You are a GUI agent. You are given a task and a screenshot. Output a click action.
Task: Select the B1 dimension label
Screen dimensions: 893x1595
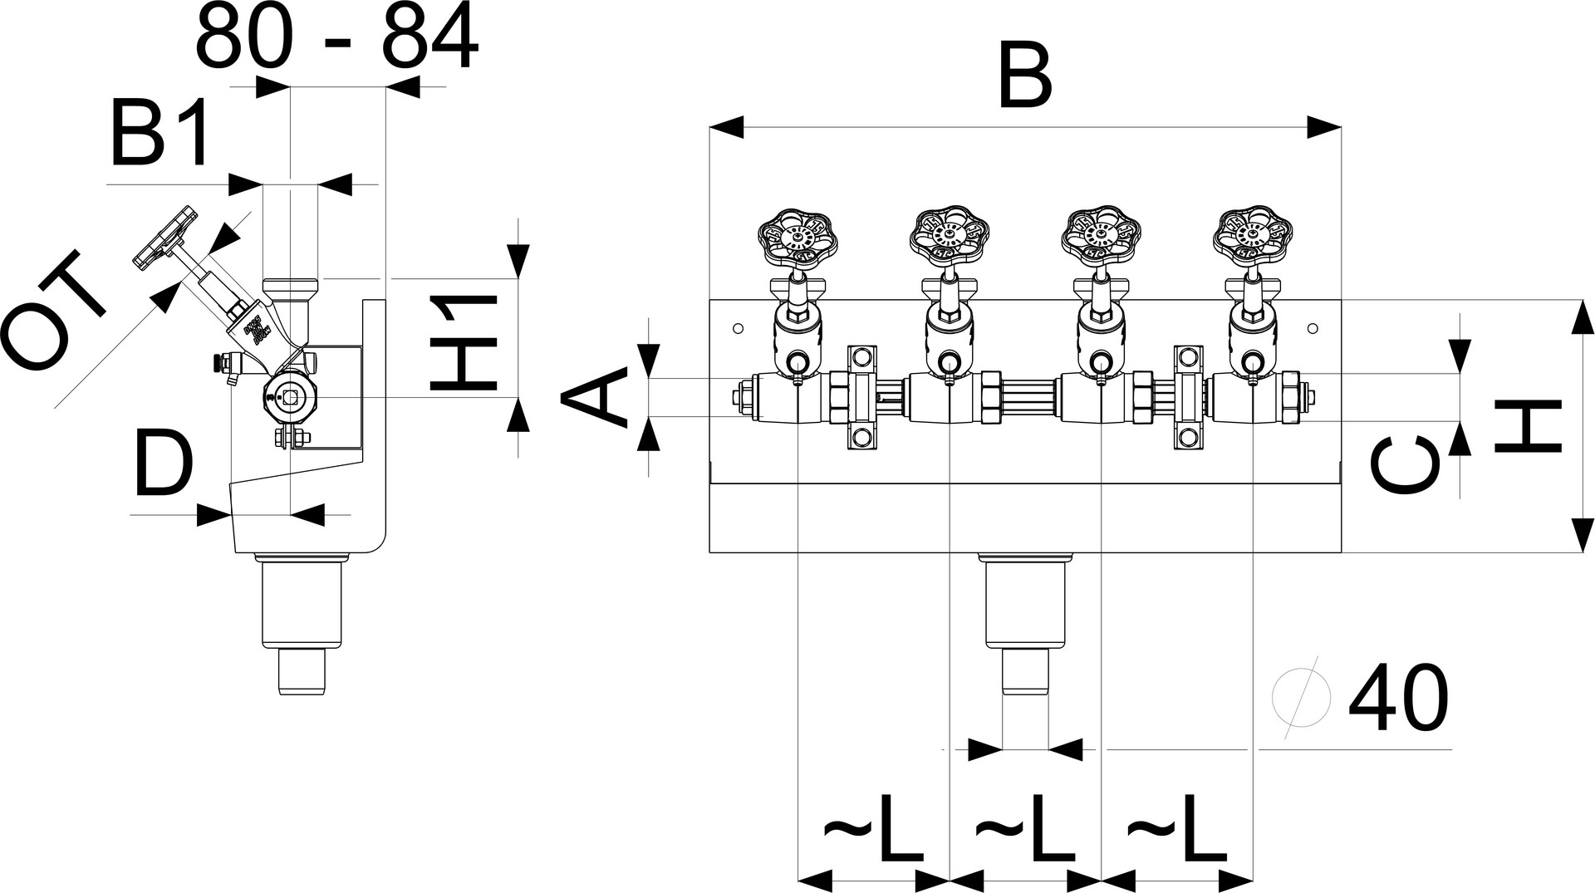(159, 134)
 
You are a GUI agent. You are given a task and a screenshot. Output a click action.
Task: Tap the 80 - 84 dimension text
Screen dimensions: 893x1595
(336, 37)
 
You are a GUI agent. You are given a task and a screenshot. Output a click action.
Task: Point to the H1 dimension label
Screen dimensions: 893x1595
(464, 342)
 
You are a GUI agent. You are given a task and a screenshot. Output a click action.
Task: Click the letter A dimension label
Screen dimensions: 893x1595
(595, 399)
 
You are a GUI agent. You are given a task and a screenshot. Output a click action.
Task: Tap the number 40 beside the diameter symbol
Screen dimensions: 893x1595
(1398, 699)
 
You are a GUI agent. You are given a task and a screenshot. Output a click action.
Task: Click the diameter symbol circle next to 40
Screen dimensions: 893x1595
(1301, 699)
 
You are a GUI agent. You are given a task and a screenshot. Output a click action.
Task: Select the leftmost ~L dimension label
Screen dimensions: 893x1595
(872, 831)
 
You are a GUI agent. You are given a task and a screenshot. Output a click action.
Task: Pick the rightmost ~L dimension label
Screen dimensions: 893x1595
(1175, 831)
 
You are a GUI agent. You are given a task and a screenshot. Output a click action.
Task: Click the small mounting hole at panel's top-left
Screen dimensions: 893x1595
(738, 328)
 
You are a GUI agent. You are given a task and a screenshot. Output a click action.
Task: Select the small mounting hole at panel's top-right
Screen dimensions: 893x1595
(1313, 328)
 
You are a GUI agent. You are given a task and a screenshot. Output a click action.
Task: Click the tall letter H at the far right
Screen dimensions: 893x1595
(1529, 425)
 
